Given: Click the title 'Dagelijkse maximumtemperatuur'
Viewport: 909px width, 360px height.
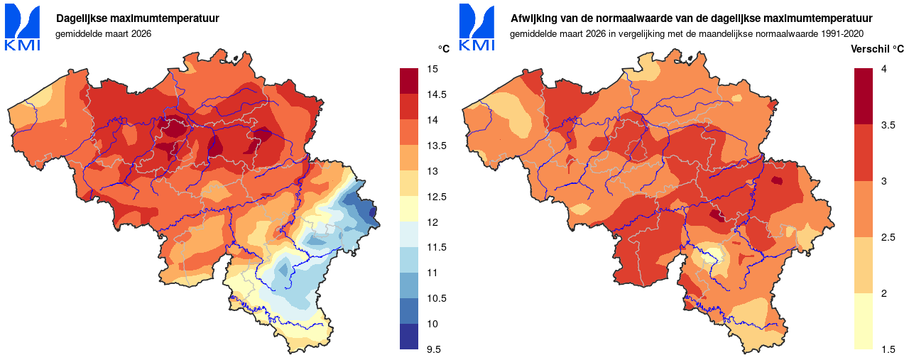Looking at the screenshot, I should [x=138, y=18].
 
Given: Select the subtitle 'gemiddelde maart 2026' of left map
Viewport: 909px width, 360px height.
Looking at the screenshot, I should [x=103, y=33].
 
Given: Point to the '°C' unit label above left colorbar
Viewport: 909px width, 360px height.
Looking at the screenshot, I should [x=444, y=49].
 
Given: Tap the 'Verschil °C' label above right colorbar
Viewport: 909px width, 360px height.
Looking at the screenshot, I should [x=877, y=49].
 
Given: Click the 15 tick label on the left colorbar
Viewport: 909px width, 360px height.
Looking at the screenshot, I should [x=432, y=69].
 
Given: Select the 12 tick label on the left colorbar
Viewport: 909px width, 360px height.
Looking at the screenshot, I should [x=432, y=222].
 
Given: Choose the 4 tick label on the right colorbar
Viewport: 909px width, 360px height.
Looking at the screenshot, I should [x=883, y=69].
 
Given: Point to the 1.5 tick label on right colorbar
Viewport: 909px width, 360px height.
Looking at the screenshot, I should [x=887, y=349].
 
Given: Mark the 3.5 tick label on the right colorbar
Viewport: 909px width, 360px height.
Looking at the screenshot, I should [x=887, y=125].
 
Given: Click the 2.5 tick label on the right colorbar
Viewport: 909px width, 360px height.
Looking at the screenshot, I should [x=887, y=237].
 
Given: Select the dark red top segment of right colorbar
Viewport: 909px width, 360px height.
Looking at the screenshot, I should [x=863, y=97].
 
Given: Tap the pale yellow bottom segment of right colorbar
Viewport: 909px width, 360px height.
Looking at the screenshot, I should [x=863, y=321].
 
